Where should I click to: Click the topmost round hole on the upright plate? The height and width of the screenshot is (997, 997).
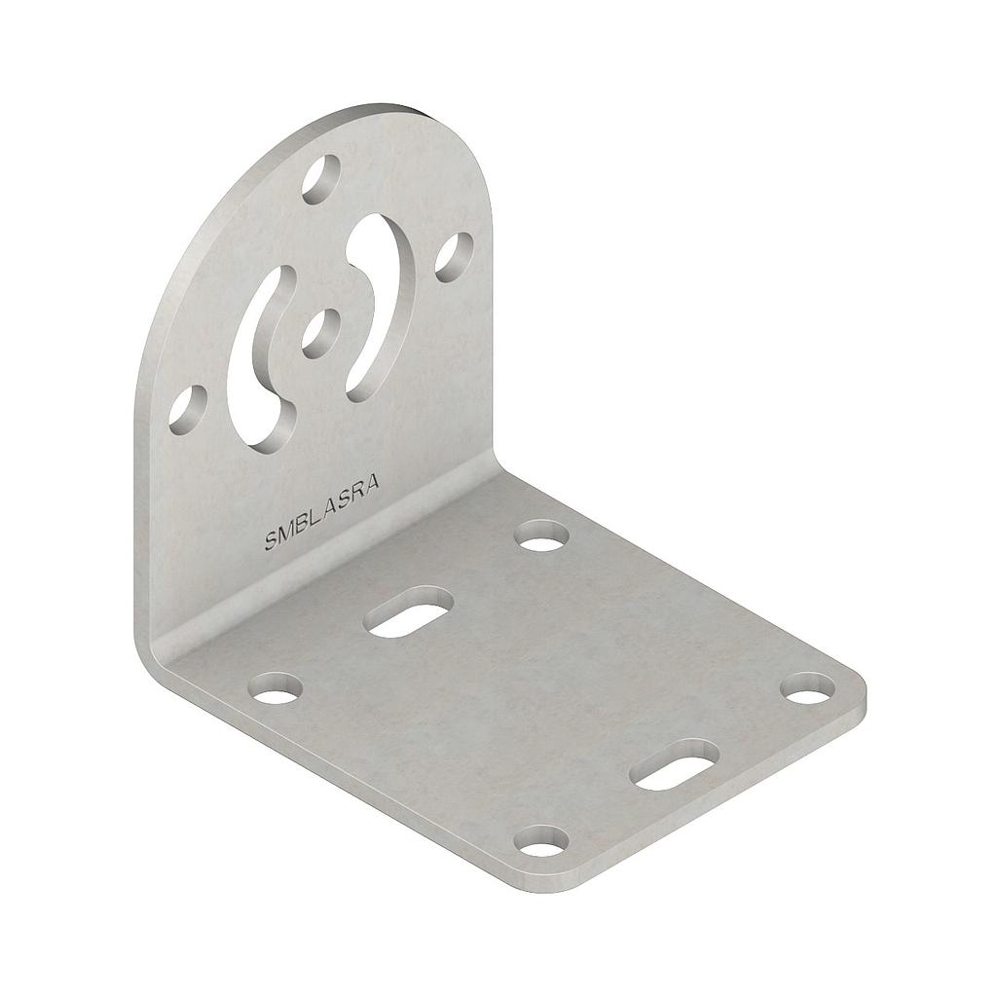point(320,179)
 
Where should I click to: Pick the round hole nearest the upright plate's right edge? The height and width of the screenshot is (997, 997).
point(454,257)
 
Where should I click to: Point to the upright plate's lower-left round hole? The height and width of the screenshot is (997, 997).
point(188,406)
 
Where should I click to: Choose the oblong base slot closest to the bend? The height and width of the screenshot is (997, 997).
point(409,611)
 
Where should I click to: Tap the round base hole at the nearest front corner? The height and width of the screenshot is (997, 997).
point(541,840)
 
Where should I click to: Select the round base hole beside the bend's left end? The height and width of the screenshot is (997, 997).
point(276,688)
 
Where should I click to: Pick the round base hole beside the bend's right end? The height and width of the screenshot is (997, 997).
point(542,535)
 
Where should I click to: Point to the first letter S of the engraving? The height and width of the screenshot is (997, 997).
point(270,541)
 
